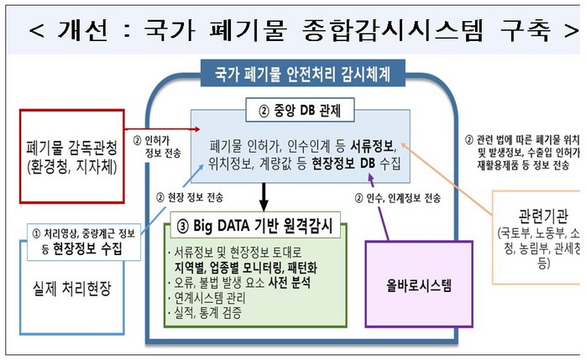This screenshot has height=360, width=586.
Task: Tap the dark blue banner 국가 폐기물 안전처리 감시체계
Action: pos(302,73)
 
